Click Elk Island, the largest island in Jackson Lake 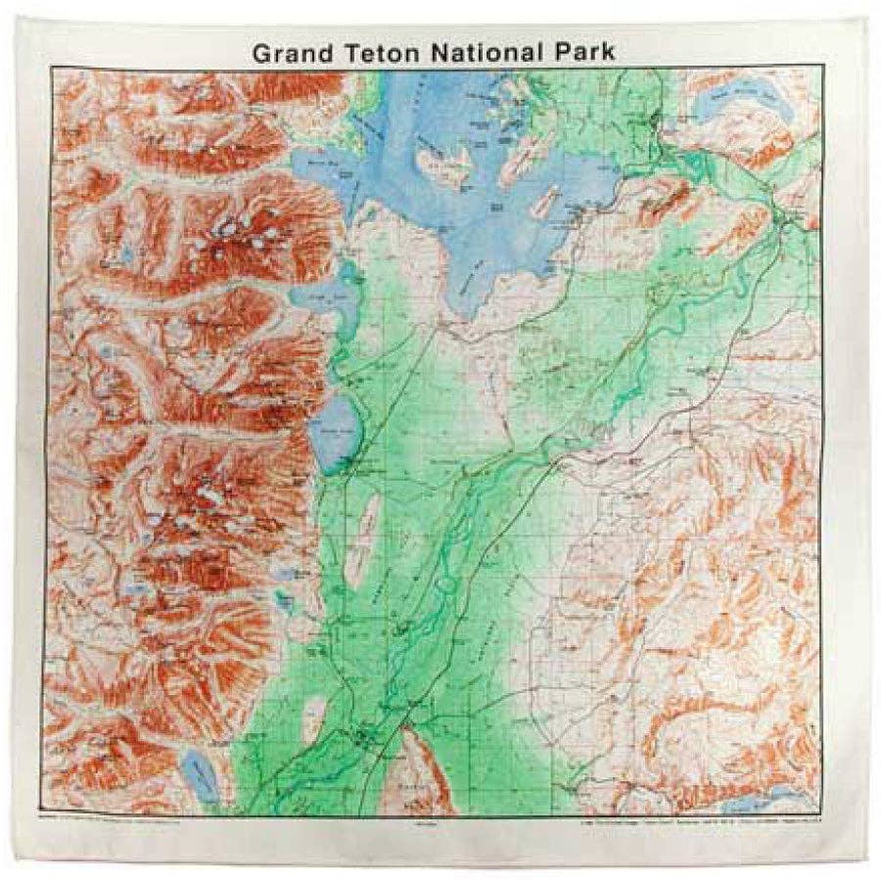pyautogui.click(x=440, y=162)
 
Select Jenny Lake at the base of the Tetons pyautogui.click(x=337, y=431)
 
